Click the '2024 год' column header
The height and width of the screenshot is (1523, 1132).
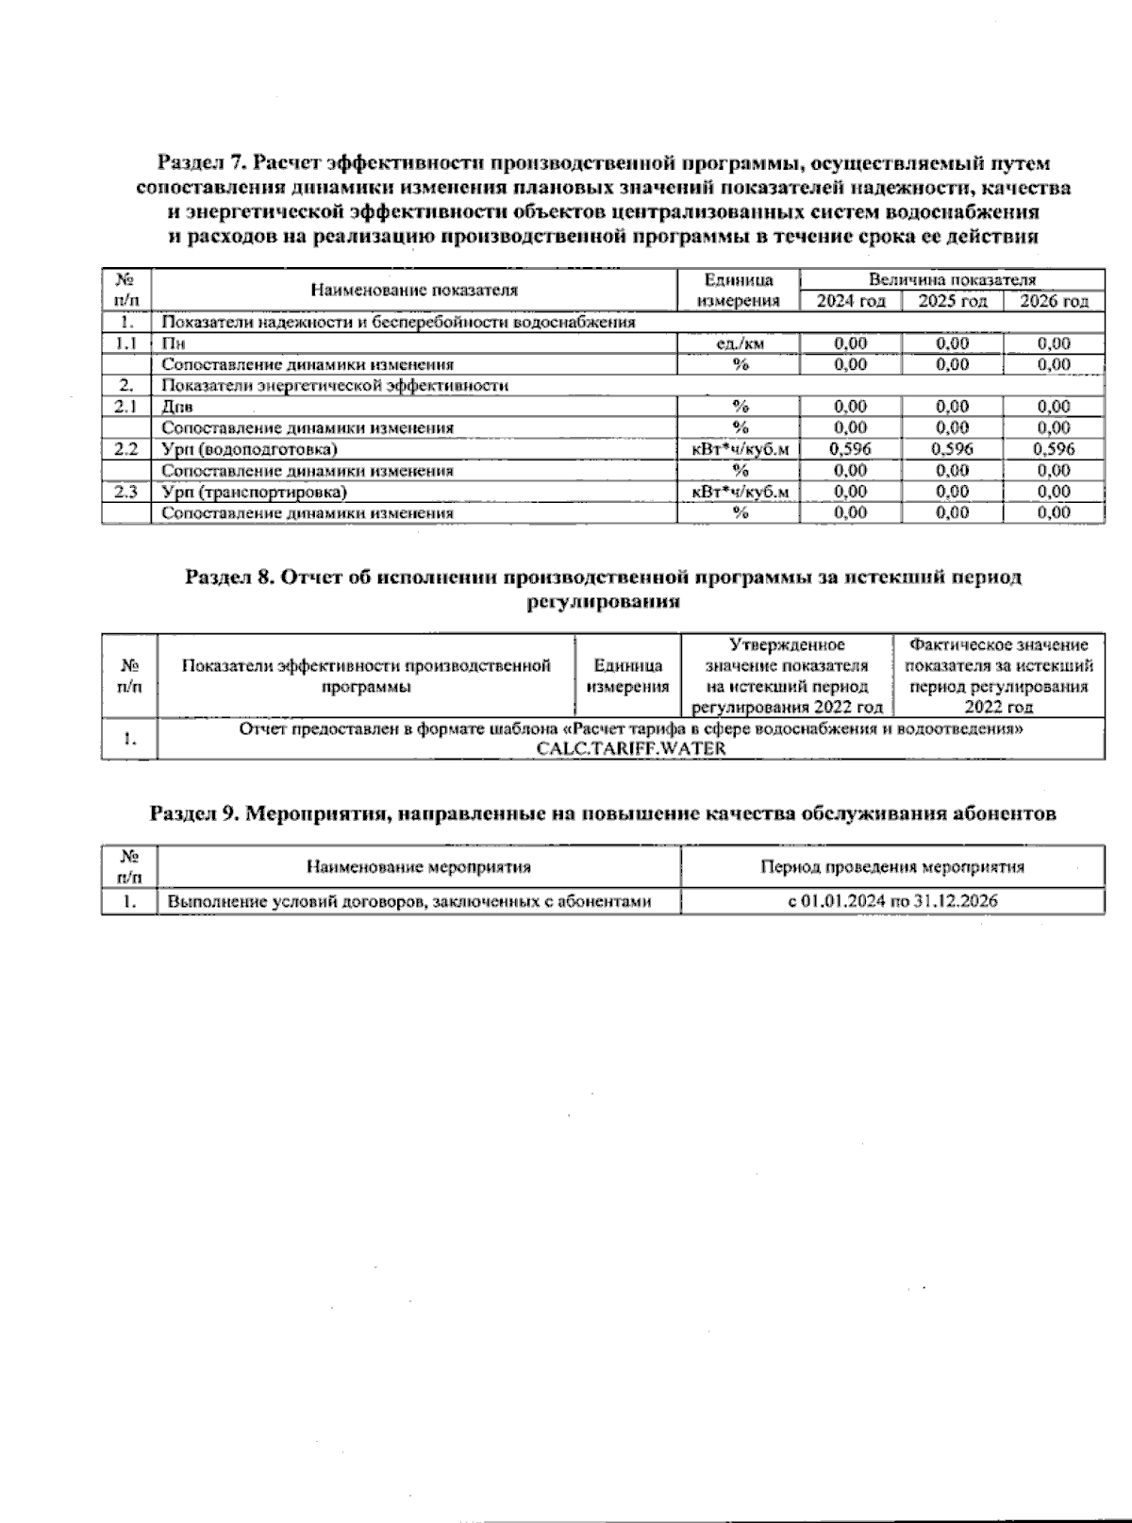(850, 301)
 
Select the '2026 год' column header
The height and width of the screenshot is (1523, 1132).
(1054, 301)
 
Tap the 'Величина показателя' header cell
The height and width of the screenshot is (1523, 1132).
(952, 279)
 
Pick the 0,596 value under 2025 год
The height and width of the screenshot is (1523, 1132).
(952, 449)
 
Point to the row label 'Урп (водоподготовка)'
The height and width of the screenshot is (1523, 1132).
(249, 449)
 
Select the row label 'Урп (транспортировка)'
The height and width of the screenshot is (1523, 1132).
(254, 492)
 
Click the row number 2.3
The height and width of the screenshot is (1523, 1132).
(125, 492)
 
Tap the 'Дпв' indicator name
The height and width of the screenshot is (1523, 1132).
(176, 407)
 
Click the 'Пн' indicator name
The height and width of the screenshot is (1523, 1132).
(173, 343)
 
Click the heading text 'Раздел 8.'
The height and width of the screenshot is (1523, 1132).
(229, 577)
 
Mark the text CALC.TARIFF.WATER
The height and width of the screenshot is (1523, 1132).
(630, 748)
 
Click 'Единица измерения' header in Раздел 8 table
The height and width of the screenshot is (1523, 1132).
(627, 677)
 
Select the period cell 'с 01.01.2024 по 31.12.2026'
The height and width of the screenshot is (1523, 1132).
(892, 901)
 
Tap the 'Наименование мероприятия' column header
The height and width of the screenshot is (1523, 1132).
(418, 866)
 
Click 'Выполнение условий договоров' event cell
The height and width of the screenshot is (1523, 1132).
(408, 901)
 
